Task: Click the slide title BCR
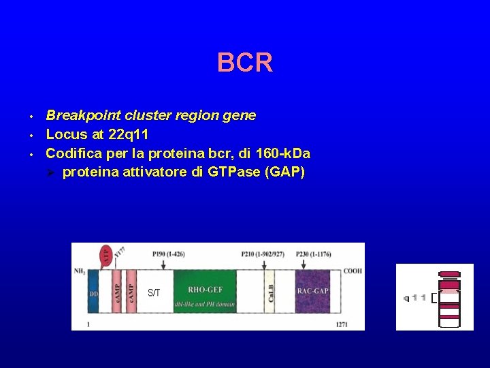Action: pyautogui.click(x=245, y=63)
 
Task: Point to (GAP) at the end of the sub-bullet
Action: pyautogui.click(x=287, y=172)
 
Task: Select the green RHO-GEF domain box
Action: pyautogui.click(x=205, y=292)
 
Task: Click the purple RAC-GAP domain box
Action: pyautogui.click(x=312, y=292)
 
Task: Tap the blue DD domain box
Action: pyautogui.click(x=93, y=292)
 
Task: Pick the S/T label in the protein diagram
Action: pyautogui.click(x=154, y=293)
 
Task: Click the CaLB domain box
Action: pyautogui.click(x=270, y=292)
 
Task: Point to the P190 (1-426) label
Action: pyautogui.click(x=169, y=254)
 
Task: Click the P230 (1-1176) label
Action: pyautogui.click(x=313, y=254)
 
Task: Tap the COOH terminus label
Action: pyautogui.click(x=353, y=271)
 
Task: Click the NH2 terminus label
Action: pyautogui.click(x=80, y=271)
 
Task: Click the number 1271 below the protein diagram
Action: pyautogui.click(x=342, y=325)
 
